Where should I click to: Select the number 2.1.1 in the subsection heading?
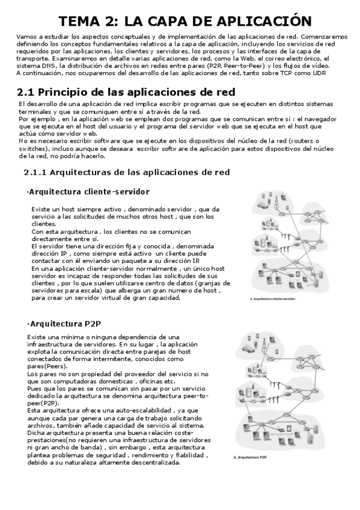click(34, 172)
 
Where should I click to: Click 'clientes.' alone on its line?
click(44, 223)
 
